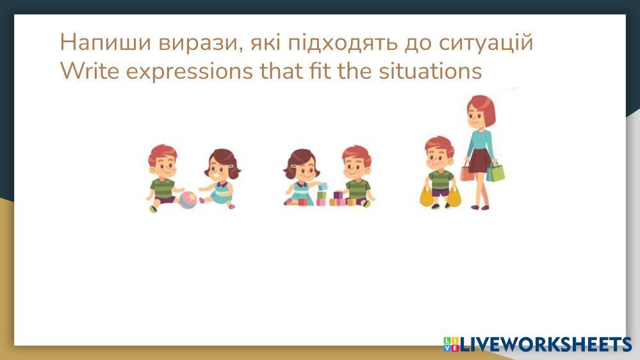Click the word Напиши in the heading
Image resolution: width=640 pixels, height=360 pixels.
(x=106, y=42)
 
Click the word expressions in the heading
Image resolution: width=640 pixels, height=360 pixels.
(x=190, y=72)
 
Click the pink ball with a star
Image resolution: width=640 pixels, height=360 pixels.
(x=188, y=200)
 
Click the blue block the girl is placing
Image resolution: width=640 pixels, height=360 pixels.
(x=322, y=187)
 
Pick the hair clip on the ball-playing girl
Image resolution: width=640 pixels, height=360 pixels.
(x=231, y=167)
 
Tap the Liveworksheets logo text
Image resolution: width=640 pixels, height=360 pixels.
(x=546, y=344)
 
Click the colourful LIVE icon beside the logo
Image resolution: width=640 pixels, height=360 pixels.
(x=451, y=344)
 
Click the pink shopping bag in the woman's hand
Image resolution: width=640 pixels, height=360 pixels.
(x=467, y=172)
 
